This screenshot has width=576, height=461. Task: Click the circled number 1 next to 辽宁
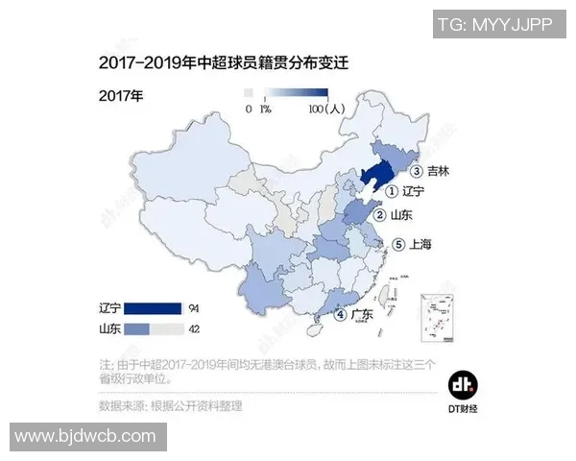point(392,191)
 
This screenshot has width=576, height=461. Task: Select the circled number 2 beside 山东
point(380,215)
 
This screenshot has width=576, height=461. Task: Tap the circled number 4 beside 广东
point(339,314)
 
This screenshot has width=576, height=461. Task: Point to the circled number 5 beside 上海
point(399,244)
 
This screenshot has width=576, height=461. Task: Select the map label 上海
point(420,244)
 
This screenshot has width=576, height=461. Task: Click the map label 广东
point(361,314)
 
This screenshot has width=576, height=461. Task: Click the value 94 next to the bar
point(196,308)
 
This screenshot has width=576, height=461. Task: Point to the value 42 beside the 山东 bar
point(196,328)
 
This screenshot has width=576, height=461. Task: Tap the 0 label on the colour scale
point(249,109)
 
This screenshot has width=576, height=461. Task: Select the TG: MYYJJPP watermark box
point(494,24)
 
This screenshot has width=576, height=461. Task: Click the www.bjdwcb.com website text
point(85,436)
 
